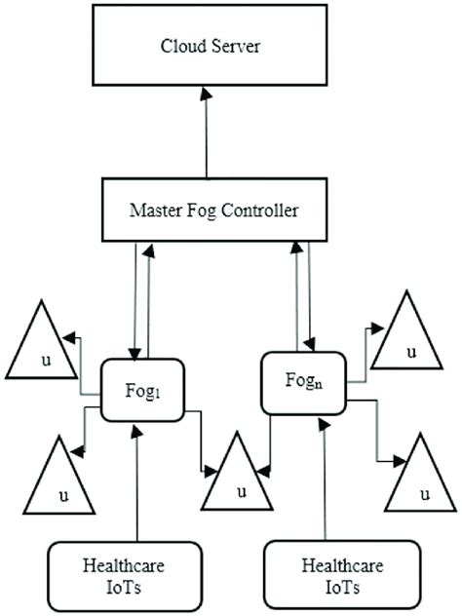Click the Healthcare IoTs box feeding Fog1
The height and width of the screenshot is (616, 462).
click(x=123, y=576)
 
